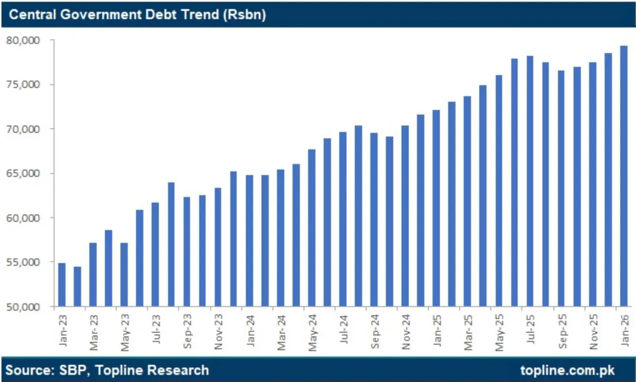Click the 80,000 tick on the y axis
(23, 40)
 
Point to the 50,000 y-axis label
(23, 307)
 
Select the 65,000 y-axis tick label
(23, 173)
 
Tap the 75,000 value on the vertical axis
(23, 85)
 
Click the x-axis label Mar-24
(281, 331)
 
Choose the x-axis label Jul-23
(156, 331)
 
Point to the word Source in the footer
(26, 370)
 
